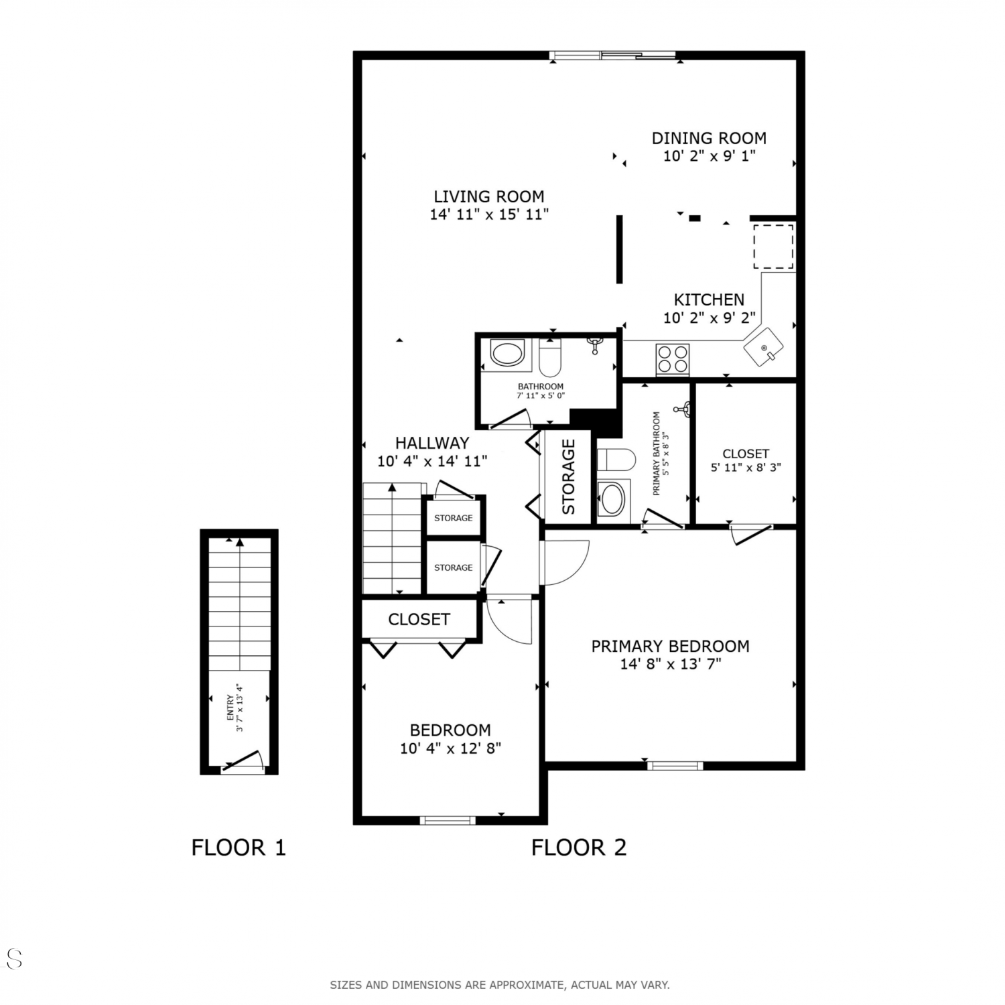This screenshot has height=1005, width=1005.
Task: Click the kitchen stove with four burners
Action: click(x=673, y=358)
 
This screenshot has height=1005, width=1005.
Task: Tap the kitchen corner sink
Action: click(x=763, y=346)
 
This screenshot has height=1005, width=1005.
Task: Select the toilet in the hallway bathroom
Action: click(x=550, y=356)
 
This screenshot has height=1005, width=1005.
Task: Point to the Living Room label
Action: click(x=489, y=196)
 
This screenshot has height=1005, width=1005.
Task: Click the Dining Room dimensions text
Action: click(x=710, y=156)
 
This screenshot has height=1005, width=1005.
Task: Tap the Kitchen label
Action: click(x=709, y=299)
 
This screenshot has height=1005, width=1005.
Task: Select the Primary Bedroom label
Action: click(x=670, y=646)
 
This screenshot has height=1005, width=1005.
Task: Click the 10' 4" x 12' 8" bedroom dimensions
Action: click(x=451, y=748)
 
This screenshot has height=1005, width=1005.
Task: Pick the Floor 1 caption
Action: click(x=239, y=848)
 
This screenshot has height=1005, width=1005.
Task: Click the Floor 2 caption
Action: click(x=579, y=848)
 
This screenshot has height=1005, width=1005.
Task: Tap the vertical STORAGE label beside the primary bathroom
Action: click(x=568, y=476)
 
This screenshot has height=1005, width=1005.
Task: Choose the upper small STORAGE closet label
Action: click(x=454, y=518)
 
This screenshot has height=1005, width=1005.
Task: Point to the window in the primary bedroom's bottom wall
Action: click(x=675, y=765)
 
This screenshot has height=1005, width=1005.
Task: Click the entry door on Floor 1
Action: click(x=241, y=762)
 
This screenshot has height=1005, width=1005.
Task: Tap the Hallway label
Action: click(x=432, y=443)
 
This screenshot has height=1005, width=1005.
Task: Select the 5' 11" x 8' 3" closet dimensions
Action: click(x=746, y=468)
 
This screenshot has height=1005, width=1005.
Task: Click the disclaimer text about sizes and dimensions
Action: click(x=500, y=985)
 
